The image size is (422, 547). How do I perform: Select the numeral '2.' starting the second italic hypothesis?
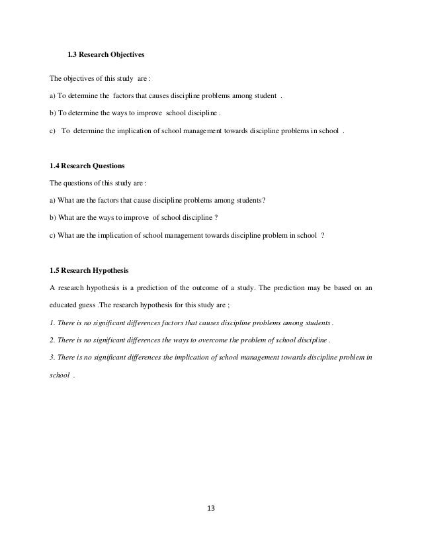coord(53,340)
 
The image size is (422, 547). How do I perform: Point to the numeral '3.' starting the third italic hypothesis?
coord(53,357)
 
